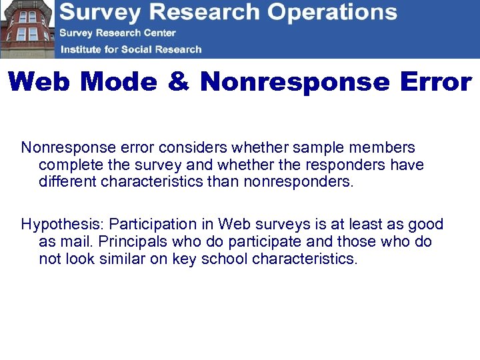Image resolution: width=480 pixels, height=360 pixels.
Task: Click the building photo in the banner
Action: tap(27, 29)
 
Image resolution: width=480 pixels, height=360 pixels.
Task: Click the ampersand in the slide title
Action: tap(178, 82)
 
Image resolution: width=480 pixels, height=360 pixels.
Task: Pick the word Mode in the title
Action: tap(118, 82)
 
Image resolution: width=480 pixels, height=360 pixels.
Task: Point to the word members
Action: tap(386, 147)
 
